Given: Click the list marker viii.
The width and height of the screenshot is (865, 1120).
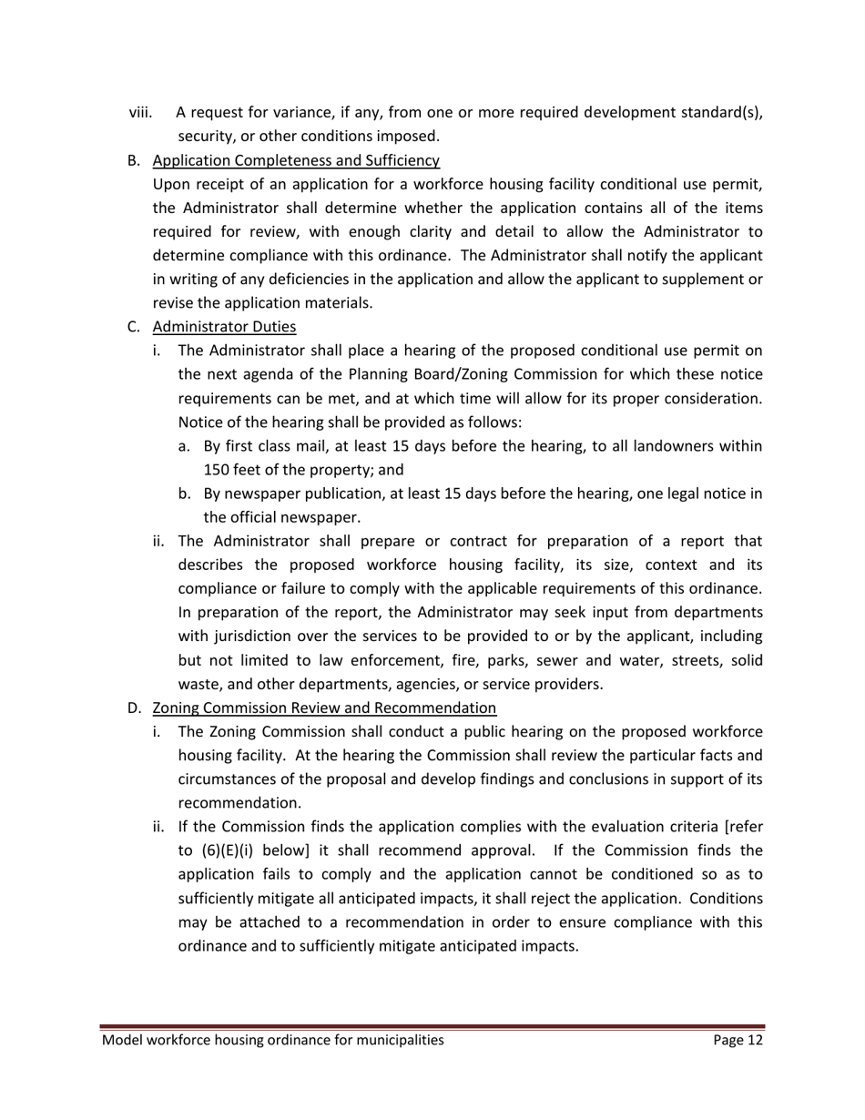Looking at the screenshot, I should pyautogui.click(x=140, y=113).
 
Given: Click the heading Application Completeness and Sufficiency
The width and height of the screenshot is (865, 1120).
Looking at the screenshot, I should pyautogui.click(x=296, y=161).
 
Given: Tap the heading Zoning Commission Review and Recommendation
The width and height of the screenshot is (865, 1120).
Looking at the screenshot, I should pyautogui.click(x=324, y=708).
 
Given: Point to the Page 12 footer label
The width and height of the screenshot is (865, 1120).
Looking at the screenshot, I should pyautogui.click(x=738, y=1040).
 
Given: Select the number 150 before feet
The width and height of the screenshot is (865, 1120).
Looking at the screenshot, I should pyautogui.click(x=219, y=470).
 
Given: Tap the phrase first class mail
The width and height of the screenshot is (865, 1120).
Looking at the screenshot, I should pyautogui.click(x=270, y=446).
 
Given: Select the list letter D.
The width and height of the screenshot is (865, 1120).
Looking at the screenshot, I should pyautogui.click(x=134, y=708).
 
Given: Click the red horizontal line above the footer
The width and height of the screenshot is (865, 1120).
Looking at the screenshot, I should pyautogui.click(x=432, y=1026).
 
